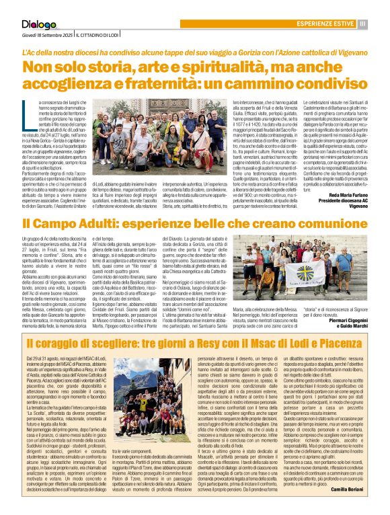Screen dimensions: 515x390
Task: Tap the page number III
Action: [362, 24]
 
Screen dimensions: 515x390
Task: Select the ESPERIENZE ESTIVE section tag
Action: [327, 24]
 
